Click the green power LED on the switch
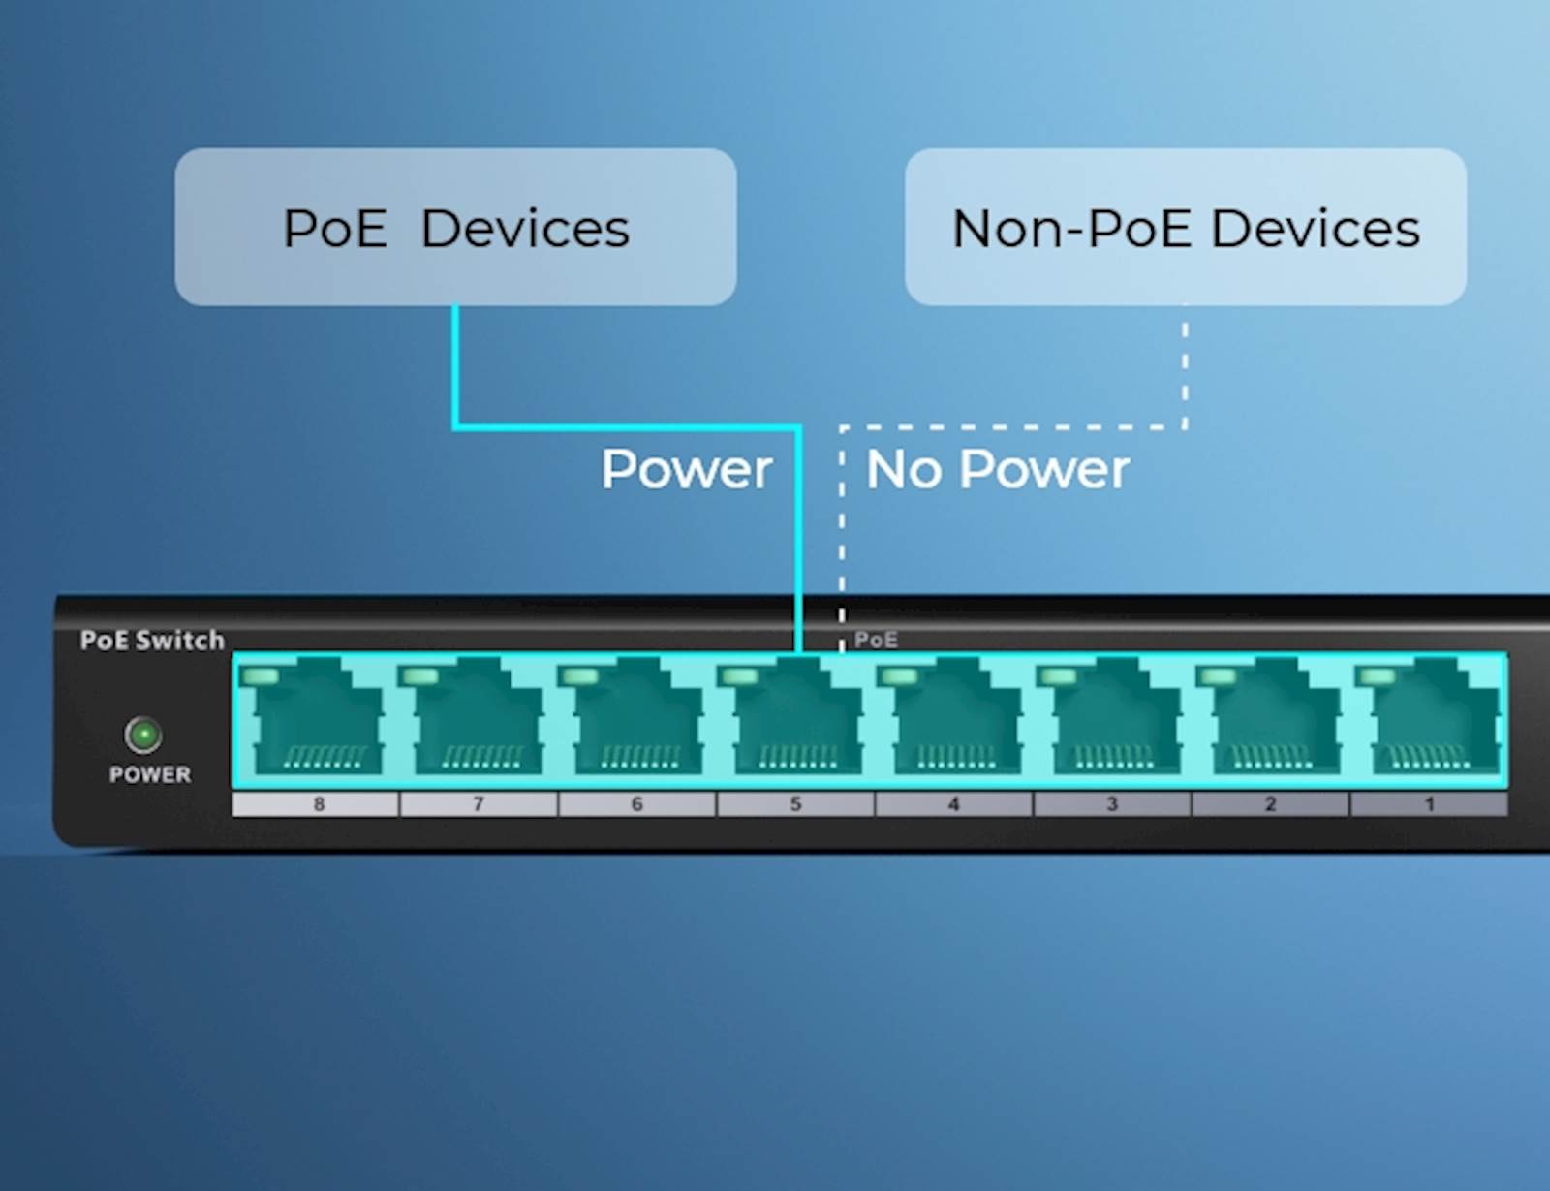tap(143, 735)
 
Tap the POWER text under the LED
tap(150, 774)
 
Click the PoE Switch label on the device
tap(152, 641)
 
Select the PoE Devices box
tap(455, 227)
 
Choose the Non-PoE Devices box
tap(1185, 227)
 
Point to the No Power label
tap(997, 469)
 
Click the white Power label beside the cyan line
tap(686, 469)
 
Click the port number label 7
tap(478, 803)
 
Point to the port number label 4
tap(953, 803)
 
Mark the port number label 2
tap(1270, 803)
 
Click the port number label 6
tap(636, 803)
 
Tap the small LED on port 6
tap(578, 675)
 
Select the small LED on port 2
tap(1218, 675)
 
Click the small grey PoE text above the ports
tap(876, 640)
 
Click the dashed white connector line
tap(1007, 426)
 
